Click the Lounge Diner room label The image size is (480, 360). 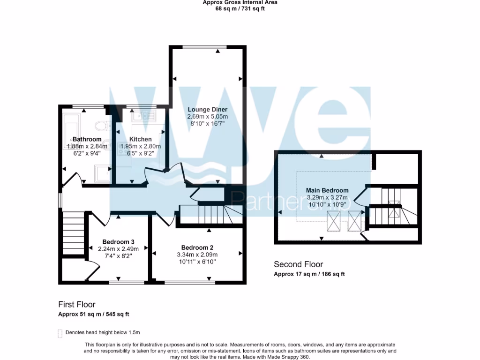click(208, 109)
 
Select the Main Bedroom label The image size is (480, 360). click(327, 190)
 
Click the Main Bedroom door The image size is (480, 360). click(360, 196)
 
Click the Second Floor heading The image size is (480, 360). click(298, 264)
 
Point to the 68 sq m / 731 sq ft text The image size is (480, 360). click(240, 8)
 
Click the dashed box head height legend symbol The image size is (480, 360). click(60, 333)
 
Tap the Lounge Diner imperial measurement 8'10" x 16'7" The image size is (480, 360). click(208, 123)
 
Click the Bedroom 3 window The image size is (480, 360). click(127, 283)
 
